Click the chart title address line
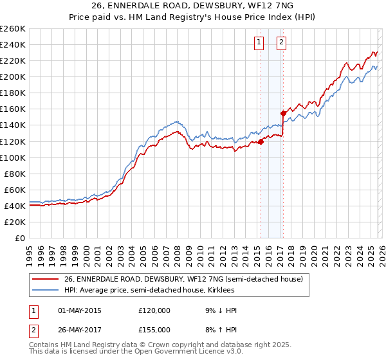coord(192,6)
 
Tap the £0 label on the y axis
coord(19,238)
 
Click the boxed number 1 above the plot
coord(259,43)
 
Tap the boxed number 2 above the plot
coord(282,43)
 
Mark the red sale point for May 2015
coord(261,141)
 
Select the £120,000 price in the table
coord(154,310)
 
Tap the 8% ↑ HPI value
coord(219,329)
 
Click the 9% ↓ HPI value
coord(219,310)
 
